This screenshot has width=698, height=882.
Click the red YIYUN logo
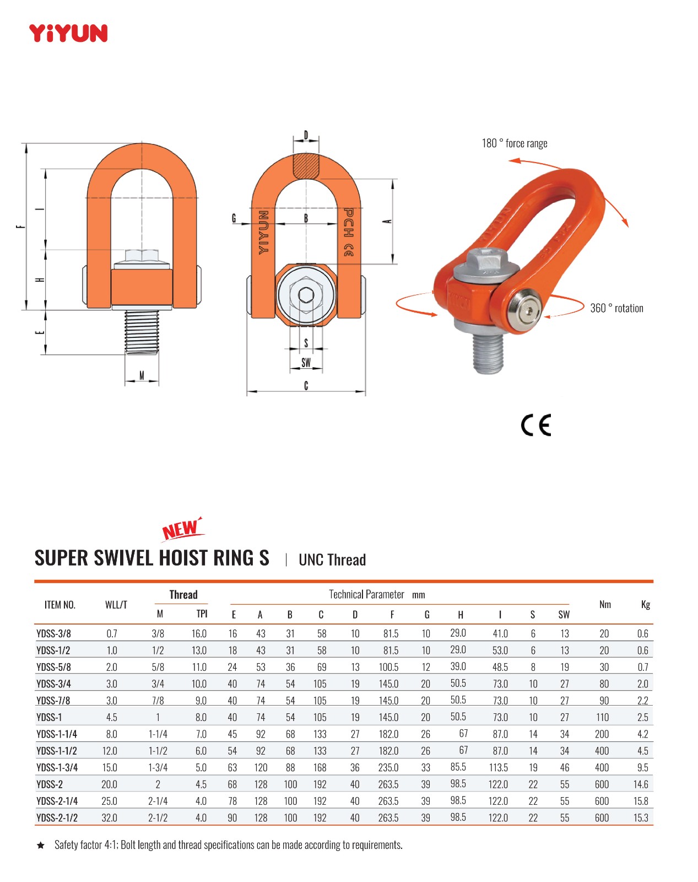68,33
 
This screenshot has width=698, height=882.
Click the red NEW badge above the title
182,529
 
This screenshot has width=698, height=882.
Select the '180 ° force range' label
514,143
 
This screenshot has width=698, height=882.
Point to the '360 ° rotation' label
616,308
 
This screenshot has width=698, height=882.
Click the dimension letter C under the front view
306,385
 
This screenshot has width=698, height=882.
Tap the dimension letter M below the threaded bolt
142,375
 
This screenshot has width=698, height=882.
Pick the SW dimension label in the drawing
306,362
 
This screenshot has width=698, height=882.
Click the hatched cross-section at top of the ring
306,166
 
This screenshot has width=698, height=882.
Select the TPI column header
202,614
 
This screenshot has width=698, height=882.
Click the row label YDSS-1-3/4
57,767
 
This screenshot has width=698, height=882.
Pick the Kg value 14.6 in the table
641,784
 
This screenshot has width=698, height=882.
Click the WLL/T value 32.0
110,818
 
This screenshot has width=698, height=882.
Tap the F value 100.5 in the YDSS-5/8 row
388,667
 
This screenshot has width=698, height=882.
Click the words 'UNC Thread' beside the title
332,560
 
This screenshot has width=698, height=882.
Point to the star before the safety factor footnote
41,845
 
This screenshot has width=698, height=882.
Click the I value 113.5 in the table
498,767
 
